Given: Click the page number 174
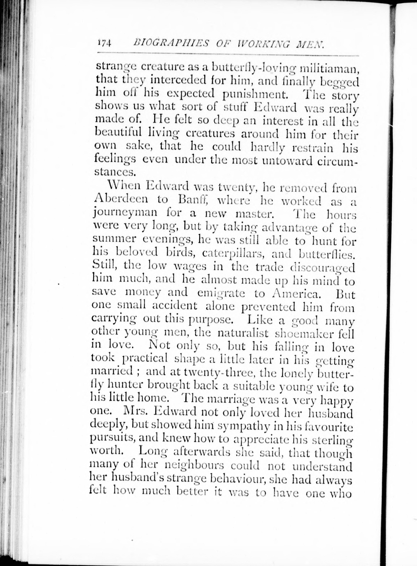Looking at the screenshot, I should coord(104,43).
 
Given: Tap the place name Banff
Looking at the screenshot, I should coord(193,200).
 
